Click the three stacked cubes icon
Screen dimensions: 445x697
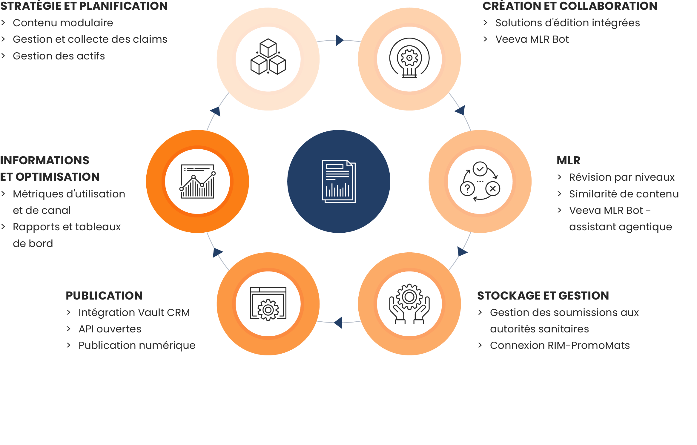[268, 57]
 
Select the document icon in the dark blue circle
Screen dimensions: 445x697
[339, 181]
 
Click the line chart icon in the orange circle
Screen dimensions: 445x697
[197, 181]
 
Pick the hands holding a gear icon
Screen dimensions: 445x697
[409, 304]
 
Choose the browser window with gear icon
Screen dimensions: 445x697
[268, 304]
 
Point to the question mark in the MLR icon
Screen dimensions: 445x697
[467, 189]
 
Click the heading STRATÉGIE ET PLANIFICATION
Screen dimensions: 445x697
[84, 6]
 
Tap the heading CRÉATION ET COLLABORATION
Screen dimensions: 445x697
[570, 6]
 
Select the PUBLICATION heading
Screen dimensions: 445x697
[104, 296]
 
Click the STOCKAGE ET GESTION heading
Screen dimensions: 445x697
[543, 296]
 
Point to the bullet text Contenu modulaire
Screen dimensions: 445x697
[63, 23]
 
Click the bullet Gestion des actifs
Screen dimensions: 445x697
[59, 56]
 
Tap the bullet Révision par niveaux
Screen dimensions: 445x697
[622, 177]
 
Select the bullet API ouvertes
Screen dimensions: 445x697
[110, 329]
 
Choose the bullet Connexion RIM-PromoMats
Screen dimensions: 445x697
[560, 346]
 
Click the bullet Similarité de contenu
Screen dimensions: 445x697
[624, 194]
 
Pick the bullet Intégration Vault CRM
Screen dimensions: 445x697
[134, 313]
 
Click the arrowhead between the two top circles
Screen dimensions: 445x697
[339, 40]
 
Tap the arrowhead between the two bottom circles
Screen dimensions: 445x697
[338, 323]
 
